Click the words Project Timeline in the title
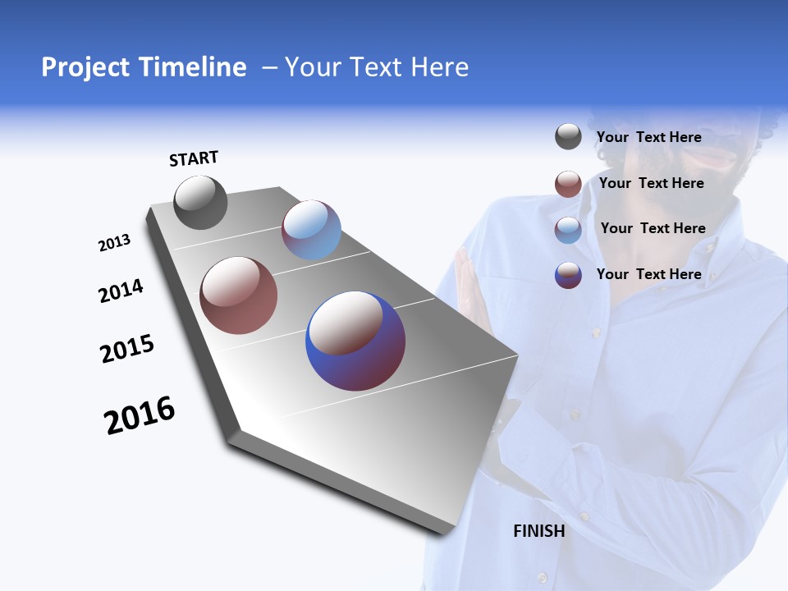tap(144, 67)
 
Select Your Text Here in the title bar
tap(377, 67)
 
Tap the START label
tap(194, 158)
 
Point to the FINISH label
tap(539, 531)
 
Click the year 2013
tap(115, 243)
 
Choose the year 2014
tap(121, 291)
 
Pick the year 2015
tap(127, 349)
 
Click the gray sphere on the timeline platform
tap(200, 203)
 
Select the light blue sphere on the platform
tap(311, 230)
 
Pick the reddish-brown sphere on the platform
tap(239, 295)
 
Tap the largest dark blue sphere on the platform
tap(355, 341)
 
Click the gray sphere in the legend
tap(568, 137)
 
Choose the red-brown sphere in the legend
tap(568, 184)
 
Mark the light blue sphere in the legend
tap(568, 230)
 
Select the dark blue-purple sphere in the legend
tap(568, 275)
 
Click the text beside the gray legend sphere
tap(649, 137)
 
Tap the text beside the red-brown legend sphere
tap(652, 183)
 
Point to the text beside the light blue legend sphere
tap(653, 228)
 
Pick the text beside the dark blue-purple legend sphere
tap(649, 274)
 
